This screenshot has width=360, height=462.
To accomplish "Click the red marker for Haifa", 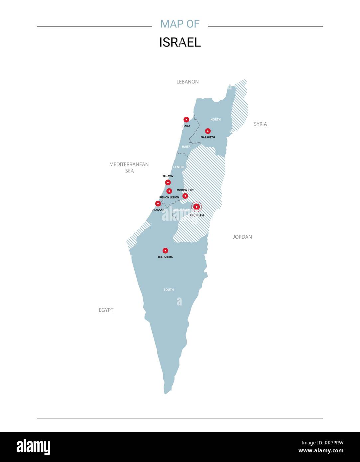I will (186, 120).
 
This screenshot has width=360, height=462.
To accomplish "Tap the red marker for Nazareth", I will (208, 131).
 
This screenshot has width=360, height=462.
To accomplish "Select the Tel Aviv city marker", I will (168, 182).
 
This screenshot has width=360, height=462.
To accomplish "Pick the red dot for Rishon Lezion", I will (169, 191).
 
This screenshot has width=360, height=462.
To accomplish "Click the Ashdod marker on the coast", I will (158, 203).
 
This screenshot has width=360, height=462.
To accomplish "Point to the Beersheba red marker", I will (165, 251).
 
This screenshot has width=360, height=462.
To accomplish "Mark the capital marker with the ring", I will (196, 207).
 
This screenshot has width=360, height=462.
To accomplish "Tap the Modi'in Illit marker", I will (185, 196).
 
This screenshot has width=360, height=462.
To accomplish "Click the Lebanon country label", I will (187, 82).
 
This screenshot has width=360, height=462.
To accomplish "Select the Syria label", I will (260, 124).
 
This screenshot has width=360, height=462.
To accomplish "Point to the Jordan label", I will (242, 237).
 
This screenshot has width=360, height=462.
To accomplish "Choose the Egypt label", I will (106, 310).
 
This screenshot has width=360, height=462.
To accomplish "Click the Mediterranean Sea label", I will (129, 168).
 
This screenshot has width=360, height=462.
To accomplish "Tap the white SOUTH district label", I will (169, 290).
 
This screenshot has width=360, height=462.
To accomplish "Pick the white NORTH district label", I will (215, 119).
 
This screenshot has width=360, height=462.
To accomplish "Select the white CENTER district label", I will (179, 167).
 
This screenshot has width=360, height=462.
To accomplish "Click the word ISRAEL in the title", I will (180, 43).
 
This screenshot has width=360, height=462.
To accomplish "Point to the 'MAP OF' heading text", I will (180, 24).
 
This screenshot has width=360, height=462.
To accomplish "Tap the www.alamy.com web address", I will (321, 451).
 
